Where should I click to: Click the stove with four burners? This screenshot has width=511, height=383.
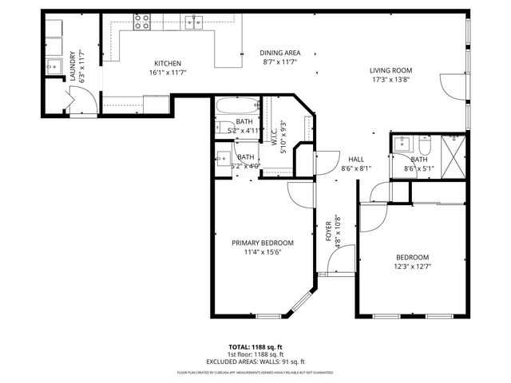pos(142,21)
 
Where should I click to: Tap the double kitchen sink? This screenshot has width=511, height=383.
pos(193,21)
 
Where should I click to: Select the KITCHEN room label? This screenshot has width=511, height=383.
pos(168,64)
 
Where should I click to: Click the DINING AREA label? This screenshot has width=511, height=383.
pos(279,53)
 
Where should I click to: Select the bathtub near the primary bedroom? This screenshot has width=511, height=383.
pos(236,105)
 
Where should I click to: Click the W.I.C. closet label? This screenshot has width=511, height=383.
pos(273,136)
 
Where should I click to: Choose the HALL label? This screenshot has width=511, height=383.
pos(356,159)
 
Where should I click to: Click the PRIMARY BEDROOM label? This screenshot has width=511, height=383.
pos(262,243)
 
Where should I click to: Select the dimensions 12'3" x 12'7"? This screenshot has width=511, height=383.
pos(412,267)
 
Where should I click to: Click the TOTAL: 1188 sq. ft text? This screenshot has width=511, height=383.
pos(255,347)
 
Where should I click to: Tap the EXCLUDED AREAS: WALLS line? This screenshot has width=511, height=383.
pos(255,361)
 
